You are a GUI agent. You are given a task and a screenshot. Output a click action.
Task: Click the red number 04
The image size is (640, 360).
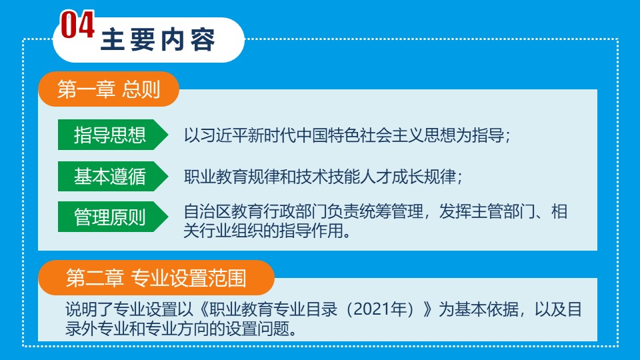[x=77, y=25]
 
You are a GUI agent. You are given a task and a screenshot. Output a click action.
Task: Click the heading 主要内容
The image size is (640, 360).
[x=157, y=40]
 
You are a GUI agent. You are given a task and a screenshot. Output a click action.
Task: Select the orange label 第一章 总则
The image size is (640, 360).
[x=109, y=89]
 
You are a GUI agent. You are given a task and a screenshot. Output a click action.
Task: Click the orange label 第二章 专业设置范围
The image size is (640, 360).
[x=156, y=277]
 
